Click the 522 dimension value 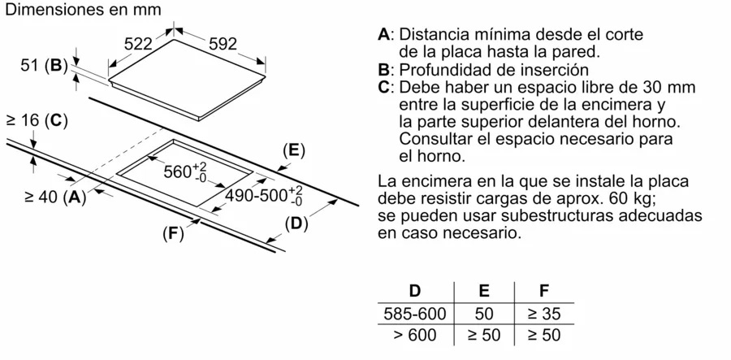coord(138,44)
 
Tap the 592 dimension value coord(223,44)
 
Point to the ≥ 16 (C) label coord(37,121)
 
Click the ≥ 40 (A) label coord(55,197)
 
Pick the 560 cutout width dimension coord(185,172)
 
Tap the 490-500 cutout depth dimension coord(263,196)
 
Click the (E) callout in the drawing coord(294,150)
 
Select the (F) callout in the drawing coord(174,233)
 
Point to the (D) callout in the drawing coord(296,224)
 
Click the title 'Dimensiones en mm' coord(83,10)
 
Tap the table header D coord(414,291)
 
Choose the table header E coord(484,291)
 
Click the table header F coord(544,291)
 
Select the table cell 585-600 coord(415,314)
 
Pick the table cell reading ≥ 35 coord(544,314)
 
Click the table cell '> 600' coord(415,335)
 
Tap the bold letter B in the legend coord(383,70)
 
